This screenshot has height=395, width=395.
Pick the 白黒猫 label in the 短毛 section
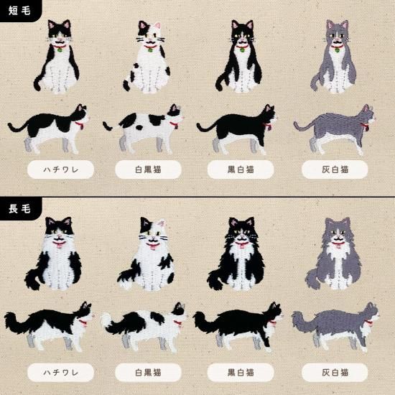tap(148, 170)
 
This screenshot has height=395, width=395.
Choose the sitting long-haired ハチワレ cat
tap(56, 255)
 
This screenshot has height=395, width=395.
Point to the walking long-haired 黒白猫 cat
tap(241, 323)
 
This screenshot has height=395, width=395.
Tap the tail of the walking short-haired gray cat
tap(303, 126)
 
